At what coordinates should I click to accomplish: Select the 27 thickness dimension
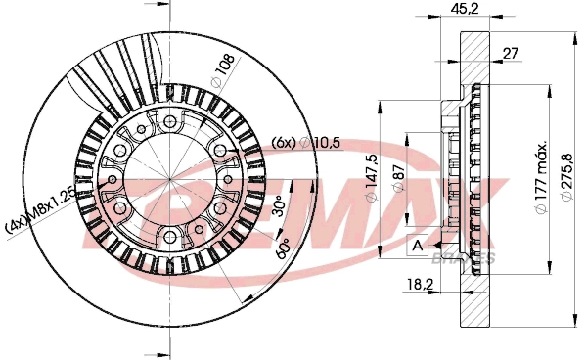(x=510, y=54)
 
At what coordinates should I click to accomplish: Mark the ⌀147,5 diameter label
(x=372, y=178)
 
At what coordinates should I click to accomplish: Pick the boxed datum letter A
(x=417, y=245)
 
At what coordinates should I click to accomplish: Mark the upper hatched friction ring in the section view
(x=474, y=59)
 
